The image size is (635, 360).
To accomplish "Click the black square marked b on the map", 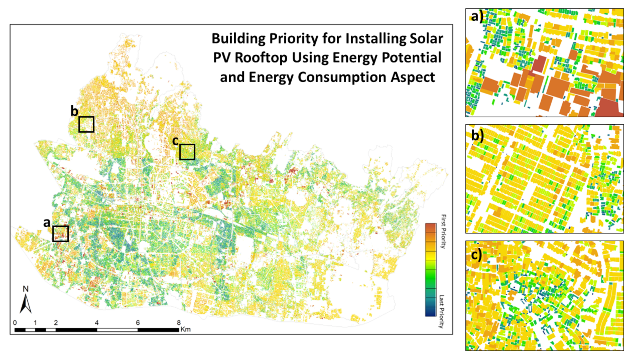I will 86,124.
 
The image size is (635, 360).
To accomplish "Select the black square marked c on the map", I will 187,152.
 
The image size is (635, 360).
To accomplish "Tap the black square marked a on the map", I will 60,234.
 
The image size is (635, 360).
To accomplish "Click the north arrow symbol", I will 26,304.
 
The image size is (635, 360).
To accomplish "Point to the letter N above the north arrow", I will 26,289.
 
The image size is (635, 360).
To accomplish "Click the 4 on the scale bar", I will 96,322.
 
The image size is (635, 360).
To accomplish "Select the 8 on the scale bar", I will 179,322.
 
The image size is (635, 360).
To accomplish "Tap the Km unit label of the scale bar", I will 185,329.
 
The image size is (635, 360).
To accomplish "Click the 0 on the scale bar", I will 15,322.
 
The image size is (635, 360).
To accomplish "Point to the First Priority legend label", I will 443,231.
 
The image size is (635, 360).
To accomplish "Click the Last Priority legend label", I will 441,311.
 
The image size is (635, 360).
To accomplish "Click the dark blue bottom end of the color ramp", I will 430,313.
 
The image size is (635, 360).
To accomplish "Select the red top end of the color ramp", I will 430,226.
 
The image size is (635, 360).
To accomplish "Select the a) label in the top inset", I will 477,16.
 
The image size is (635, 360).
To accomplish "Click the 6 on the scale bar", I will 138,322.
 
